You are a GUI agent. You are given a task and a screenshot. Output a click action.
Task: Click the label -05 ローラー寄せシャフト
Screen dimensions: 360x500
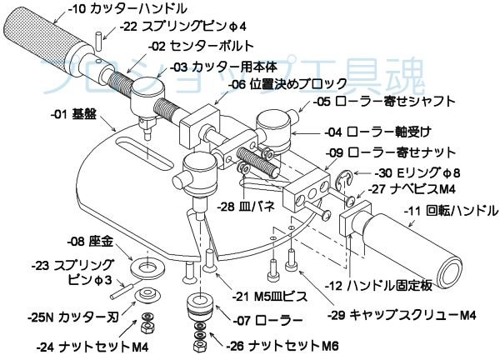click(385, 102)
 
